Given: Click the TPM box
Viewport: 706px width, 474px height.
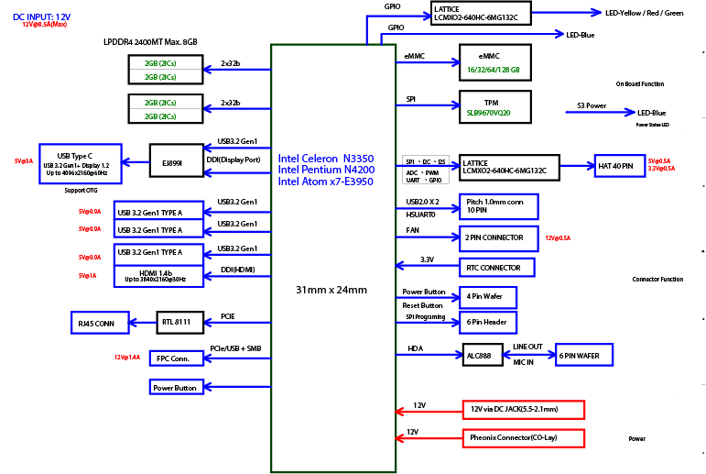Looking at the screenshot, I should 492,106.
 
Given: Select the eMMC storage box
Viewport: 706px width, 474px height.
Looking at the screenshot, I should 493,62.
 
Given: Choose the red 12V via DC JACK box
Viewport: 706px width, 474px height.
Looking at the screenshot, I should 522,409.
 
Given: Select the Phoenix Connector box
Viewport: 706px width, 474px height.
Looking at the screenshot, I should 522,436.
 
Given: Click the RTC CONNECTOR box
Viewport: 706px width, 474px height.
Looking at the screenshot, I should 495,268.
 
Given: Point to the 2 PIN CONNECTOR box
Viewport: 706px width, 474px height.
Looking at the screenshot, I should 497,237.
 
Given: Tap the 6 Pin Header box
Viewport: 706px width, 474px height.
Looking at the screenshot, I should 489,322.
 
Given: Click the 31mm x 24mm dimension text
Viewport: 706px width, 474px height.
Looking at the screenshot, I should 331,290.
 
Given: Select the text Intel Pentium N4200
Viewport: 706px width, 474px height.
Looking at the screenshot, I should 326,170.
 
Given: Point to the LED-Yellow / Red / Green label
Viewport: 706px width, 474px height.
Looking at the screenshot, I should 645,14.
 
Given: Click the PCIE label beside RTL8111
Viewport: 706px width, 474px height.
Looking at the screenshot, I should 228,316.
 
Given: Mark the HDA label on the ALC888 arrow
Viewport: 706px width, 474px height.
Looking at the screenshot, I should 414,349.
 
